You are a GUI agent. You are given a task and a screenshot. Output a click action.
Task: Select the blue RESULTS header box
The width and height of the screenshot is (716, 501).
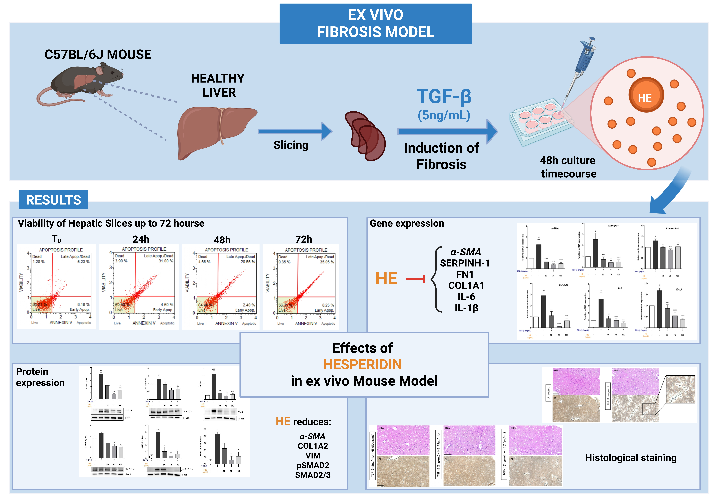pos(53,200)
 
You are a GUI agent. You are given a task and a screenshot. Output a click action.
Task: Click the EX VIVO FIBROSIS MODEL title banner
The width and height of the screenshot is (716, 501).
pos(375,23)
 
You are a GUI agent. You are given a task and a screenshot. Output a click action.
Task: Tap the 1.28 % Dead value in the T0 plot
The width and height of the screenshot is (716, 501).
pos(39,262)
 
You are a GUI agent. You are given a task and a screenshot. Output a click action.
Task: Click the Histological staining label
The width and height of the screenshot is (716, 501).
pos(631,458)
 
